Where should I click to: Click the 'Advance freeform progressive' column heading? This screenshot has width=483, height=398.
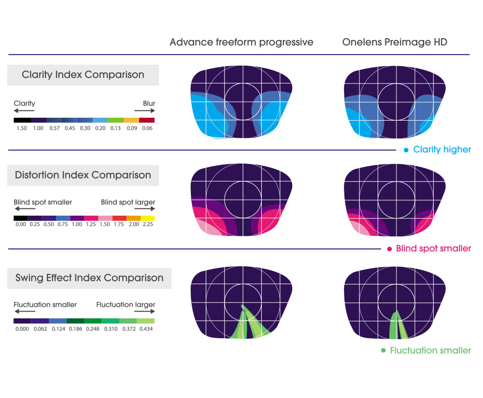[x=241, y=42]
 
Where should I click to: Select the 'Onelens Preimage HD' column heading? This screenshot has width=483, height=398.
[x=395, y=42]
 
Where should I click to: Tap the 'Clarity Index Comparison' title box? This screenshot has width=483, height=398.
[x=83, y=75]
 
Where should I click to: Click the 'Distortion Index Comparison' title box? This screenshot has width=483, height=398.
[x=83, y=175]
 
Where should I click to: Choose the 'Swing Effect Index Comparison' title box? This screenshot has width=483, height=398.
[x=89, y=278]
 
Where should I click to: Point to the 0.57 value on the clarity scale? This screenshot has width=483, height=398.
[x=55, y=129]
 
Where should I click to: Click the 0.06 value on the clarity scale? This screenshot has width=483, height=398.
[x=147, y=129]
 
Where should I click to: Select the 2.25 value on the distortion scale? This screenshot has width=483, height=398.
[x=147, y=225]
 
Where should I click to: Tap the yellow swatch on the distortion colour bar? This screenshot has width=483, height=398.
[x=147, y=218]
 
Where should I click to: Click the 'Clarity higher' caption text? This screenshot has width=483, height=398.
[x=442, y=150]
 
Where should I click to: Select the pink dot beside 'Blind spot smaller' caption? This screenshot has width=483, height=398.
[x=389, y=249]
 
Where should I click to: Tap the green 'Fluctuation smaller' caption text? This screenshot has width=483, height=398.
[x=430, y=351]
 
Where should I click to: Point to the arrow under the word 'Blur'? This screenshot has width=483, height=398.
[x=145, y=111]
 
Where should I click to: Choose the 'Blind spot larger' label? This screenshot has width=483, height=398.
[x=128, y=202]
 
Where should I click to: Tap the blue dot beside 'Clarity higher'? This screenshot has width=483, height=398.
[x=406, y=150]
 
